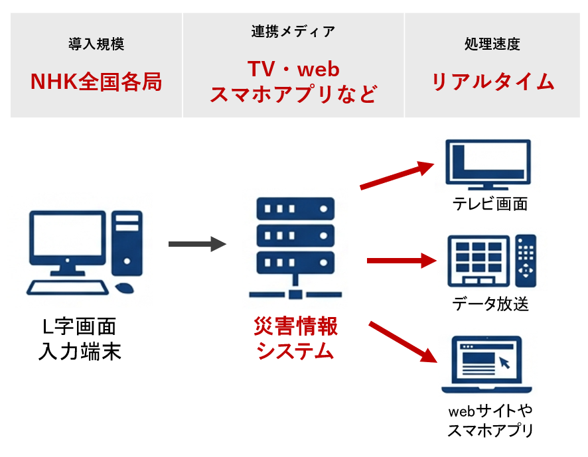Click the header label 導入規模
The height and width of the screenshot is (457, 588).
click(x=96, y=45)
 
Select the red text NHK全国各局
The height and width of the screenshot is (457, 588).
click(x=96, y=82)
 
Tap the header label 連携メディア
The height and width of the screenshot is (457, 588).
click(x=293, y=31)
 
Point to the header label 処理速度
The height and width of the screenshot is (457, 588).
click(x=492, y=45)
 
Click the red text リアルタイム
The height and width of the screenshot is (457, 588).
click(x=492, y=82)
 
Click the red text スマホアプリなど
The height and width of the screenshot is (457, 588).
click(x=293, y=94)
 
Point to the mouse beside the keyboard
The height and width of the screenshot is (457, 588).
click(x=124, y=289)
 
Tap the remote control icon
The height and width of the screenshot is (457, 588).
click(x=526, y=260)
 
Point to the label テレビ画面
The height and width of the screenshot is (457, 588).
click(x=490, y=204)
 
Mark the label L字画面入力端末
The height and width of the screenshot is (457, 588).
click(x=80, y=338)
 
